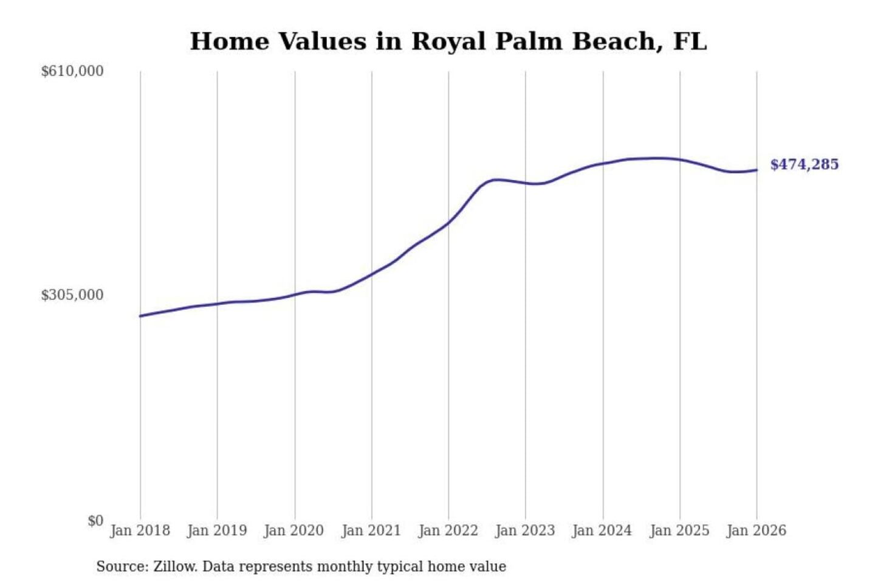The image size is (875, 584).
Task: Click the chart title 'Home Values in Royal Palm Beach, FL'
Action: [x=448, y=41]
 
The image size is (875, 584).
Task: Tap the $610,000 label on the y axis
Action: [x=72, y=71]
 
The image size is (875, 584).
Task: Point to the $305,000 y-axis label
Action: [x=72, y=295]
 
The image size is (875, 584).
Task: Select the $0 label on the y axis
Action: [x=95, y=521]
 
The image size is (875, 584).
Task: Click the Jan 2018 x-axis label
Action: [x=140, y=530]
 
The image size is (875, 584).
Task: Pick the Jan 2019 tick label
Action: [x=217, y=530]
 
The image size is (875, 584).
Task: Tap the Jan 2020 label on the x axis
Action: [x=294, y=530]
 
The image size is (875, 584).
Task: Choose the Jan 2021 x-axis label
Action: [x=371, y=530]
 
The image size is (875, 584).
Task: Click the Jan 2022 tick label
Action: [x=448, y=530]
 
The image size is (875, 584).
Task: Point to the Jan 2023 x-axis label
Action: [x=525, y=530]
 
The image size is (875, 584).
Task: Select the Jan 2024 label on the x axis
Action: [x=602, y=530]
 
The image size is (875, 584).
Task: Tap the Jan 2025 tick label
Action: [x=679, y=530]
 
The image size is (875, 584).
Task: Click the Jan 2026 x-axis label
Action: [x=757, y=530]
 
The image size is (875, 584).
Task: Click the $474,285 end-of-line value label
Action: [x=805, y=164]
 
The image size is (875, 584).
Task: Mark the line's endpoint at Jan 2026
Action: [x=757, y=170]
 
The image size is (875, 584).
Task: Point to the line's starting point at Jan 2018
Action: [x=140, y=316]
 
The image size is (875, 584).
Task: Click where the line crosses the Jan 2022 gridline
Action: [x=449, y=223]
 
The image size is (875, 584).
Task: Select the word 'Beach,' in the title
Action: [x=618, y=41]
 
